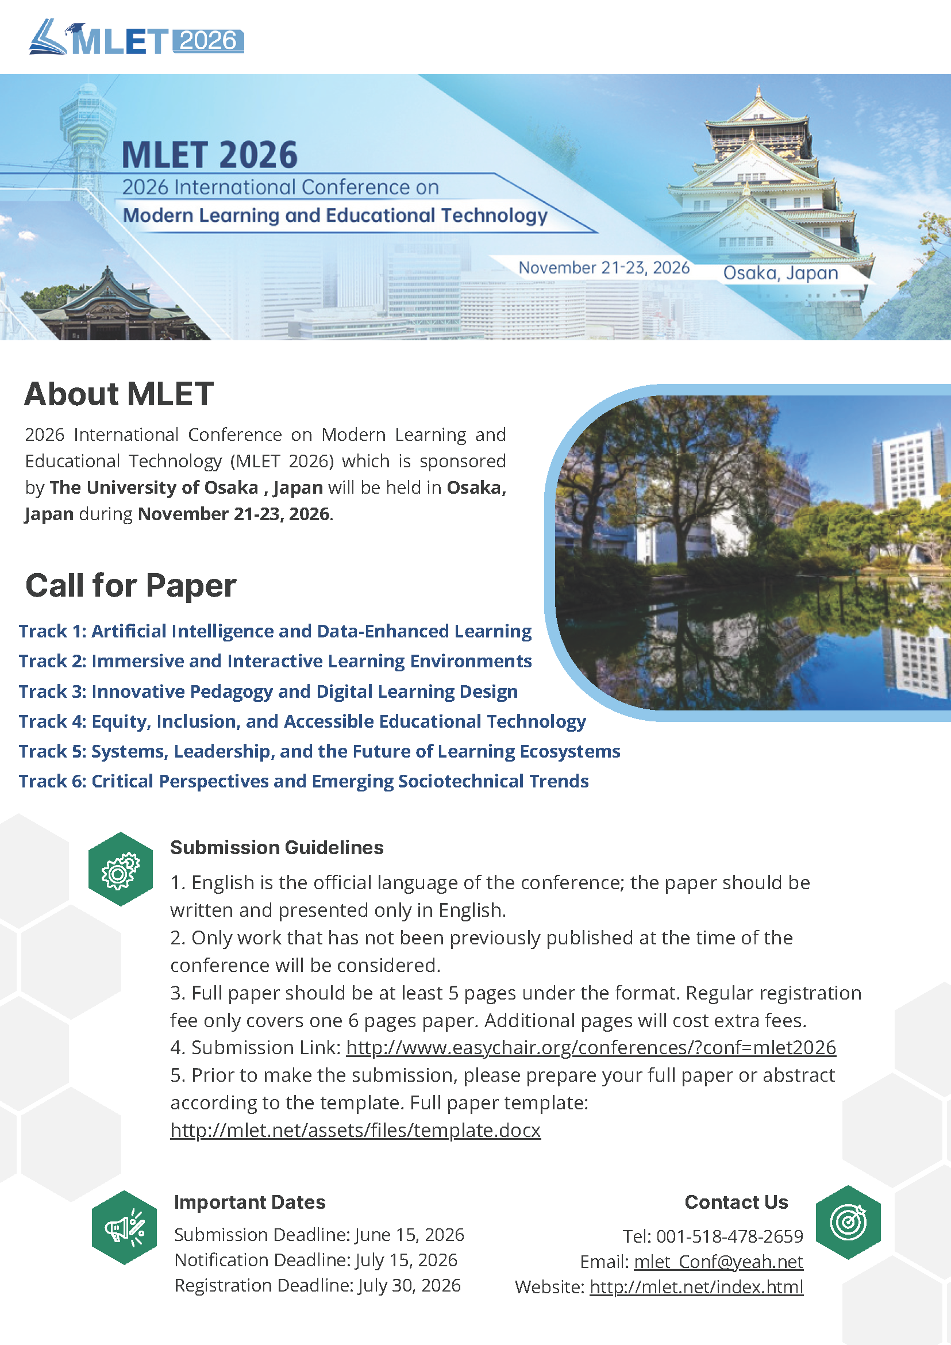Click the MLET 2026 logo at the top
click(136, 39)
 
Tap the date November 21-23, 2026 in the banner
click(604, 268)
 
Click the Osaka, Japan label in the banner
click(780, 273)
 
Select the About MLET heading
click(119, 394)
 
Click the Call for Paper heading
click(130, 585)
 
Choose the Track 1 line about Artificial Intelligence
click(275, 631)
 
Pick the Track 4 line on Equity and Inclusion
click(302, 721)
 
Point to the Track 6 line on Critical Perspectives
click(303, 781)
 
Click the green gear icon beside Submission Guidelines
click(120, 869)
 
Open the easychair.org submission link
click(590, 1047)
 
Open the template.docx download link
click(355, 1129)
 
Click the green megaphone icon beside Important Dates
click(124, 1227)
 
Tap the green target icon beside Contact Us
click(848, 1222)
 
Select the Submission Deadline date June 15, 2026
click(409, 1234)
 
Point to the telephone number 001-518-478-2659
click(729, 1236)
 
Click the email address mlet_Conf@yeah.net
click(718, 1261)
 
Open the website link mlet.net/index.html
click(696, 1286)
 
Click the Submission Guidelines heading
click(276, 847)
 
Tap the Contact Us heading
click(736, 1201)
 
